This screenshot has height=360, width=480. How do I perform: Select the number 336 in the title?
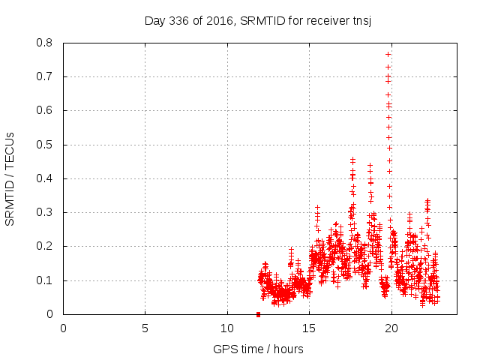point(181,20)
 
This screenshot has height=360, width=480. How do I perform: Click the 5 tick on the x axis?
point(145,328)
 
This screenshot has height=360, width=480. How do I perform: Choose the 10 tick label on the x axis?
point(227,328)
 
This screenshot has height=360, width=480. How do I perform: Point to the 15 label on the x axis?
point(309,328)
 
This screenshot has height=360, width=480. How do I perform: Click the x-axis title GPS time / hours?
point(258,349)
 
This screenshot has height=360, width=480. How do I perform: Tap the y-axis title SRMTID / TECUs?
point(10,178)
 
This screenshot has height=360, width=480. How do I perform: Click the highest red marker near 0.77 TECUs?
point(388,54)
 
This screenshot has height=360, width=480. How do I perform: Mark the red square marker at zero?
point(258,314)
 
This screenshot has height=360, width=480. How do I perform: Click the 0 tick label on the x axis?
point(63,328)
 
